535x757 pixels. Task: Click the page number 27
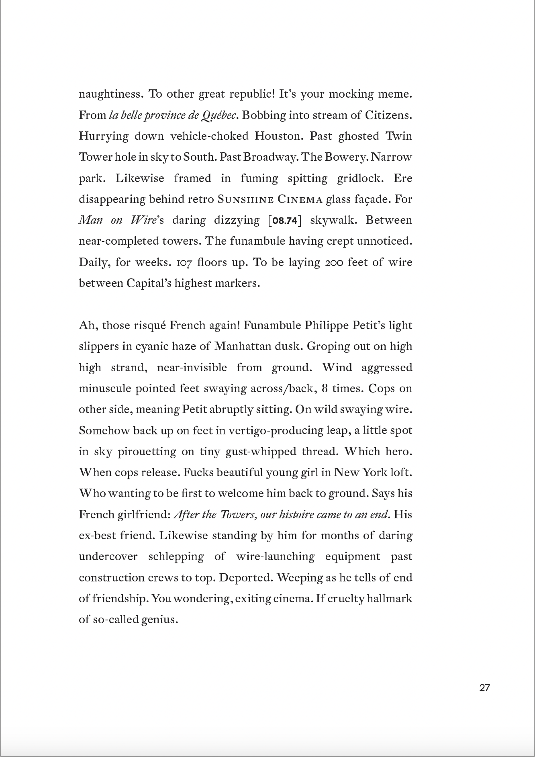tap(484, 687)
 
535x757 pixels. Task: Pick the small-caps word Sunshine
tap(245, 200)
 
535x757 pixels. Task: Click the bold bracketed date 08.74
tap(284, 221)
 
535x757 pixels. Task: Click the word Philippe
tap(326, 325)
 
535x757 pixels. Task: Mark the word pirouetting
tap(147, 452)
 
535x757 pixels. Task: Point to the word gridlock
tap(360, 178)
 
